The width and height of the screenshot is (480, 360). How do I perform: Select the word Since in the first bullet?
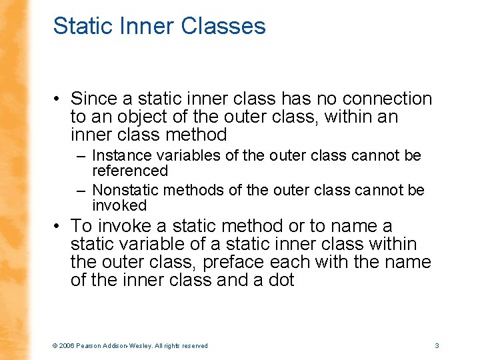click(x=94, y=99)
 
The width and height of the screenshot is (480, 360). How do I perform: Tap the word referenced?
click(x=130, y=171)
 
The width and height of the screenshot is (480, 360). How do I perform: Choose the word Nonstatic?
click(x=125, y=191)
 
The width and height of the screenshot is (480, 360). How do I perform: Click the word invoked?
click(x=119, y=205)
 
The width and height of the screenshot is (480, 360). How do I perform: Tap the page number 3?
click(x=437, y=345)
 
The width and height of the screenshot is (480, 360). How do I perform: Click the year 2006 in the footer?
click(x=67, y=346)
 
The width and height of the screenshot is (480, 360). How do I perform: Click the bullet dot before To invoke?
click(x=59, y=227)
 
